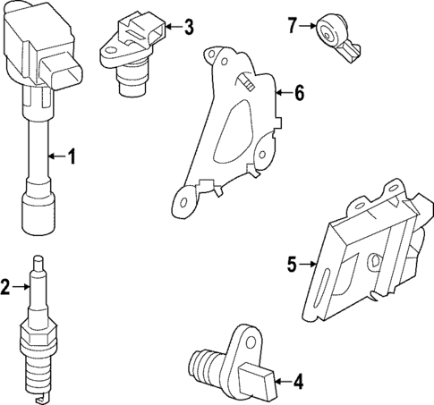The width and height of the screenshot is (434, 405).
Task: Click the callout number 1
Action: pyautogui.click(x=72, y=158)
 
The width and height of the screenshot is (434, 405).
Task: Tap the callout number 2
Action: pyautogui.click(x=6, y=286)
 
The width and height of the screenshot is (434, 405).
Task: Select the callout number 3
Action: pyautogui.click(x=187, y=27)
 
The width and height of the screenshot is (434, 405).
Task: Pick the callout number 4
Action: pyautogui.click(x=297, y=383)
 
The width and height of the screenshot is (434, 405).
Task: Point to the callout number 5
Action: pyautogui.click(x=292, y=264)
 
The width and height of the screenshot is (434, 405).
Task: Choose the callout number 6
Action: pyautogui.click(x=299, y=92)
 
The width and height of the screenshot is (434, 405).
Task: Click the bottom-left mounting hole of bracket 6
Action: pyautogui.click(x=185, y=201)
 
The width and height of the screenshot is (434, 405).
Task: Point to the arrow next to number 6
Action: pyautogui.click(x=283, y=92)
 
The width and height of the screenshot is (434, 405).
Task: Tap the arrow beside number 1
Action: pyautogui.click(x=55, y=158)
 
